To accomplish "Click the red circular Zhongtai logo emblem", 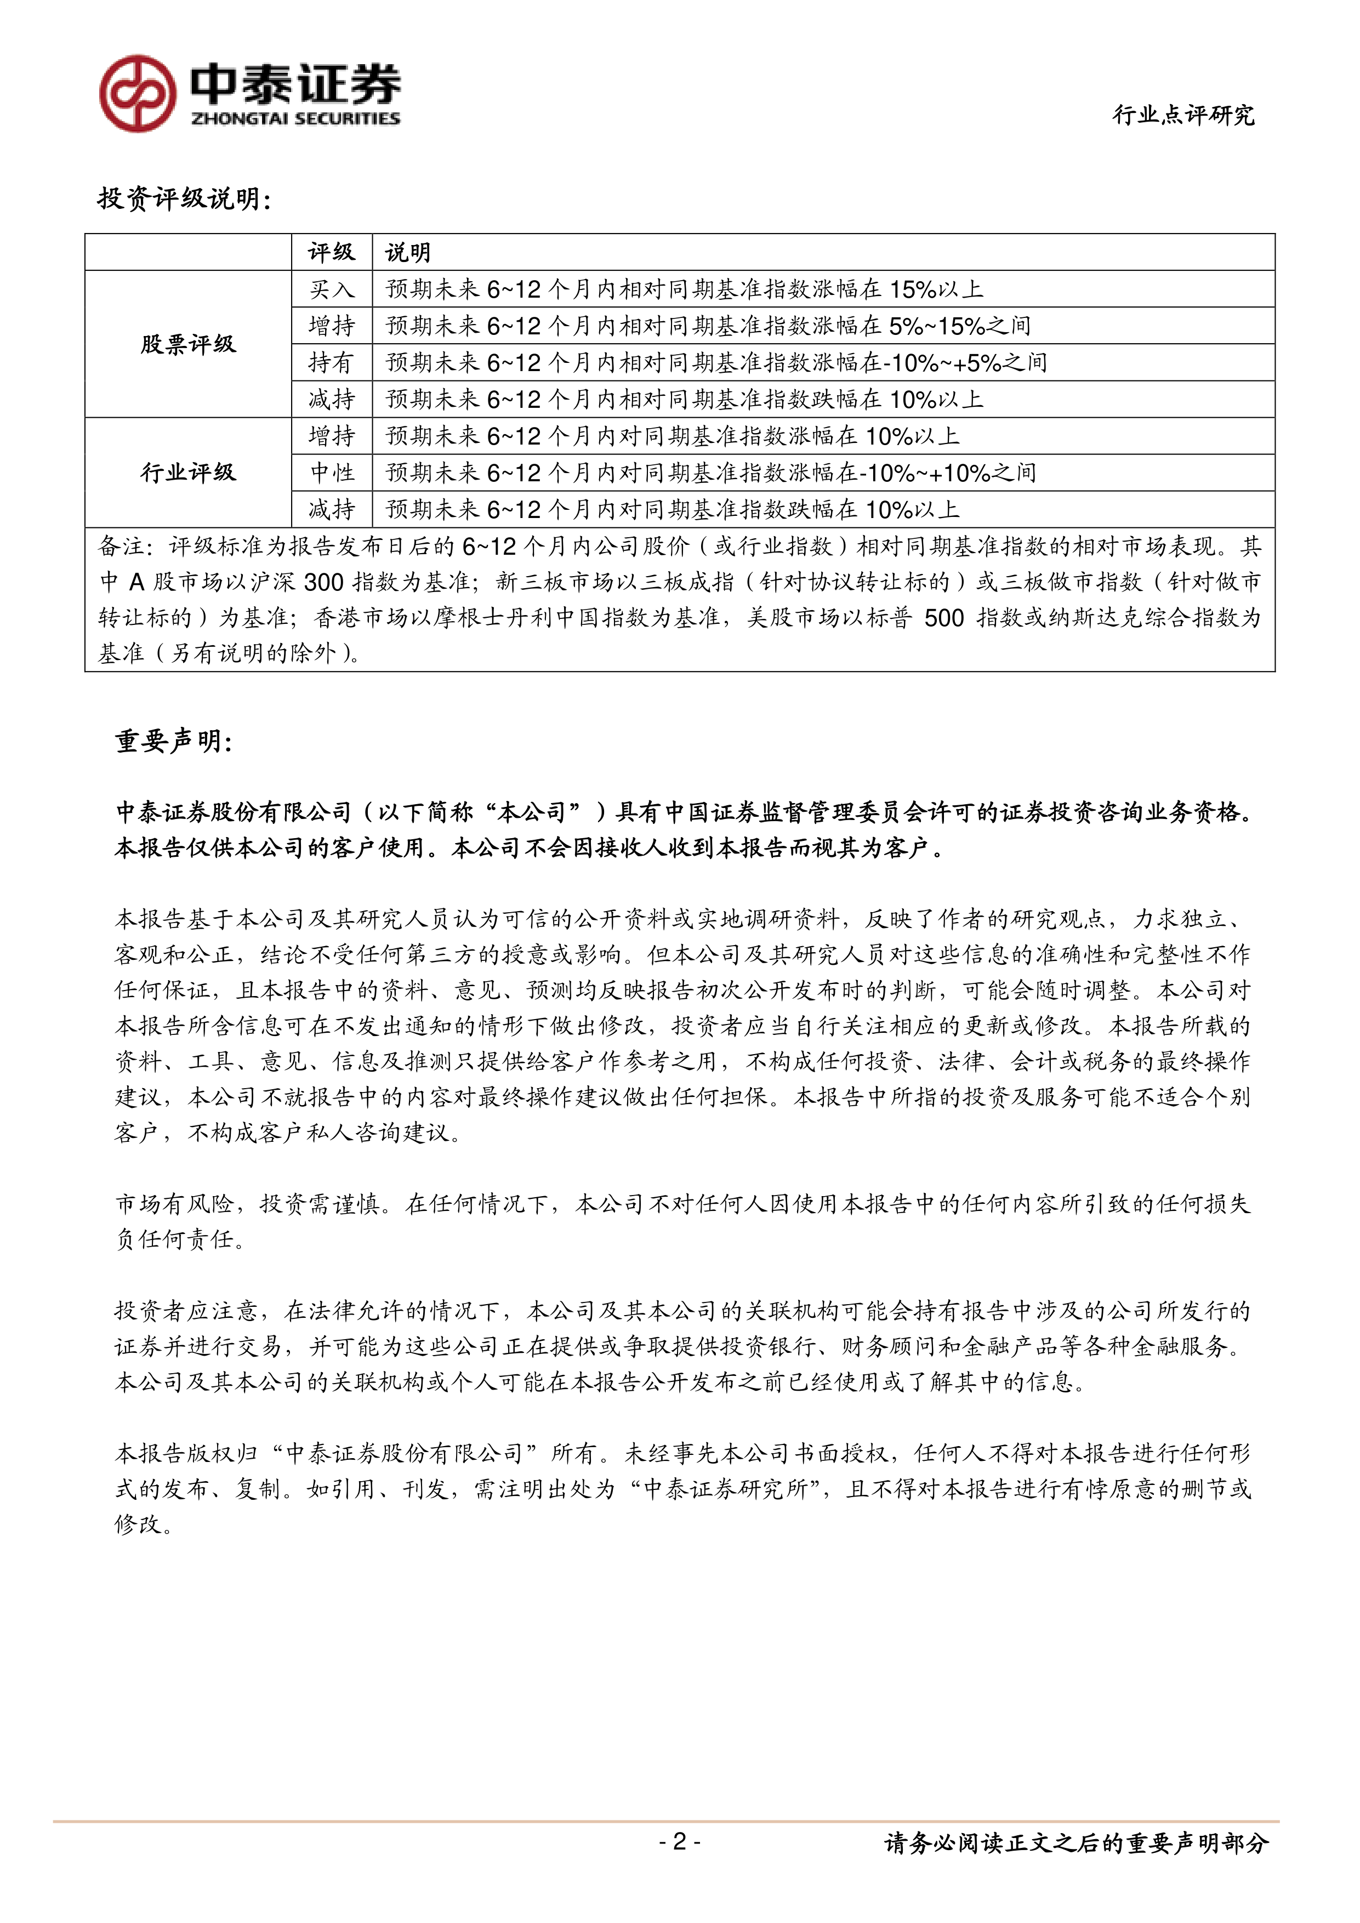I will pyautogui.click(x=138, y=93).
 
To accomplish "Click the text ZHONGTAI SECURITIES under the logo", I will pyautogui.click(x=295, y=119).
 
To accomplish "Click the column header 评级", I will pyautogui.click(x=332, y=252).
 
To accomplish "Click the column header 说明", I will pyautogui.click(x=408, y=252).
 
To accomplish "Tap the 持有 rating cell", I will pyautogui.click(x=332, y=363).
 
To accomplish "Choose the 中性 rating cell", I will pyautogui.click(x=332, y=473).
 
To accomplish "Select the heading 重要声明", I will pyautogui.click(x=173, y=741).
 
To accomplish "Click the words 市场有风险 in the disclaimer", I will pyautogui.click(x=174, y=1204).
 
